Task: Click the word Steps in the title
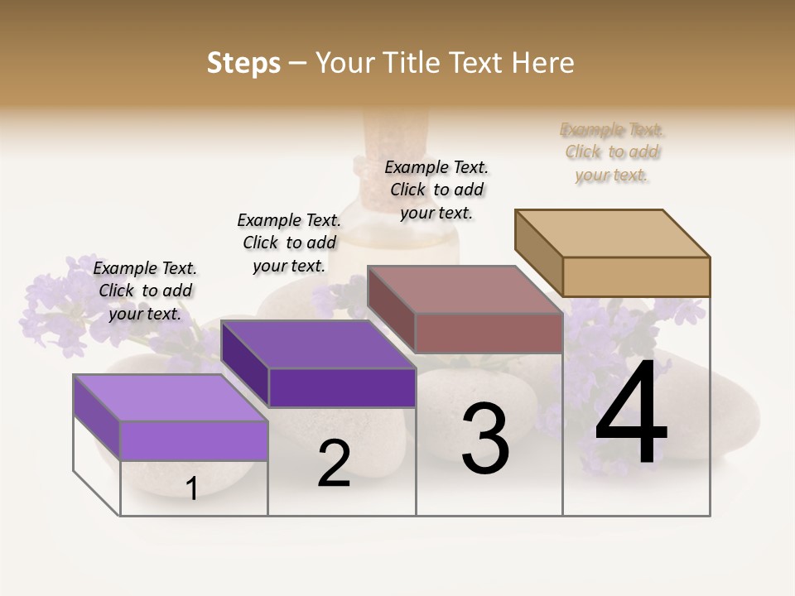(243, 63)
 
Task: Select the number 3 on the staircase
(484, 439)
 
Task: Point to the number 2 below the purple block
(334, 464)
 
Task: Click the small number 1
(192, 488)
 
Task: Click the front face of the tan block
(636, 276)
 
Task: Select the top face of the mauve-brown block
(464, 290)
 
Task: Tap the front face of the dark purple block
(342, 387)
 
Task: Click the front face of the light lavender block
(194, 440)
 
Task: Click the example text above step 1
(145, 291)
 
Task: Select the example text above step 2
(289, 243)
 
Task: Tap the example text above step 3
(436, 190)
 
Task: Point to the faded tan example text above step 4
(612, 152)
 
